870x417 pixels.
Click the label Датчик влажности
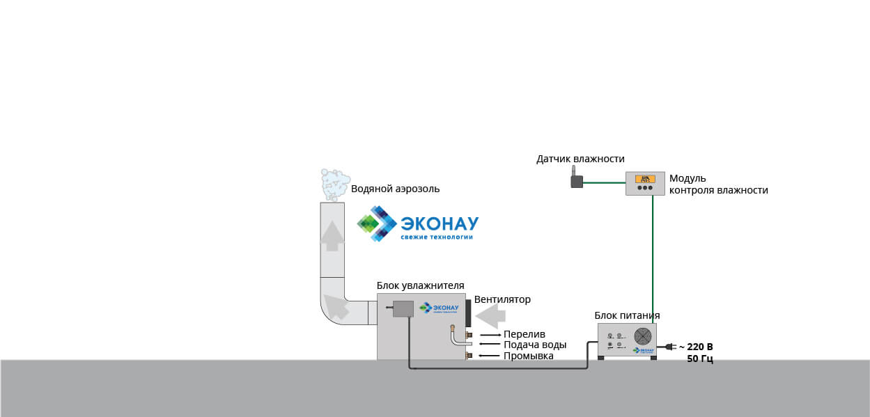point(580,159)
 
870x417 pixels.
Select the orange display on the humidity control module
point(645,178)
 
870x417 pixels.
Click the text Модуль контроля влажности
point(718,184)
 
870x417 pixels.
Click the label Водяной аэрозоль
point(395,189)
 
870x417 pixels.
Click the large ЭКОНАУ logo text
point(440,223)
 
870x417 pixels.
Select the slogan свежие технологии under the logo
point(436,237)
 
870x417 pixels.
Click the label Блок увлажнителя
point(420,285)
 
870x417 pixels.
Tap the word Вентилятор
point(502,299)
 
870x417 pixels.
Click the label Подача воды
point(535,345)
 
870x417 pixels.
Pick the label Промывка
point(528,356)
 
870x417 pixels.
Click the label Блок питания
point(628,315)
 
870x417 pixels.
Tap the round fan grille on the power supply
point(644,335)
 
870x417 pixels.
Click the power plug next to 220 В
point(671,346)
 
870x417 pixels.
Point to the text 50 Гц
point(699,359)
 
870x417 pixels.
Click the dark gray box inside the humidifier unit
point(403,308)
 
